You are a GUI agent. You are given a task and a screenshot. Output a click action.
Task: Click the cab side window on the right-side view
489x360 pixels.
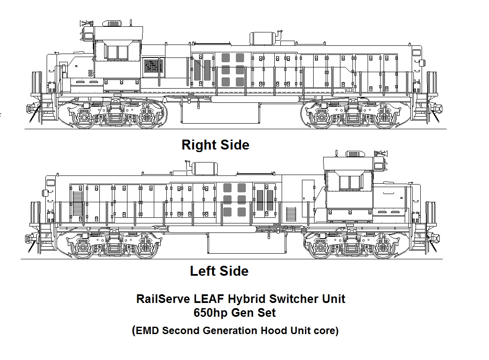click(117, 52)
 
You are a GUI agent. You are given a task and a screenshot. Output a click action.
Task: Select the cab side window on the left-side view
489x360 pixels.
click(349, 183)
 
